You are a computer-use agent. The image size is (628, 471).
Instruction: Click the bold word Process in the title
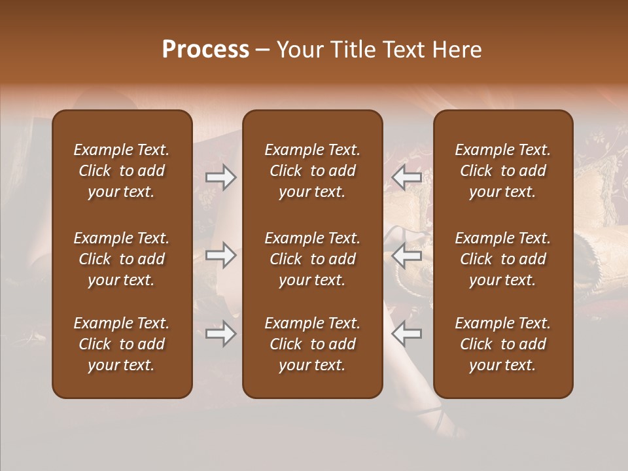coord(205,50)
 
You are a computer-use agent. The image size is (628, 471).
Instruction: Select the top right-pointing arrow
coord(221,177)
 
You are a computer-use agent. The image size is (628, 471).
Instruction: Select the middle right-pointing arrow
coord(221,255)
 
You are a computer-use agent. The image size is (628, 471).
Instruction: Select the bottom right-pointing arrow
coord(221,334)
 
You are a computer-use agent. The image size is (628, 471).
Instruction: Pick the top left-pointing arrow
coord(406,177)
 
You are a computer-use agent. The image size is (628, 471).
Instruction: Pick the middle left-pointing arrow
coord(406,255)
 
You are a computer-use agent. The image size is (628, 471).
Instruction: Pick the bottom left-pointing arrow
coord(406,334)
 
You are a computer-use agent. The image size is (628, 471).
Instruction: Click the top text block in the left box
coord(122,171)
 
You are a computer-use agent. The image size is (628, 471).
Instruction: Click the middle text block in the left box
coord(122,259)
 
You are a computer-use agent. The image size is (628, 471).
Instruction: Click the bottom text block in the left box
coord(122,344)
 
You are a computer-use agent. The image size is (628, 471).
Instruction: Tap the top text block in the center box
coord(312,171)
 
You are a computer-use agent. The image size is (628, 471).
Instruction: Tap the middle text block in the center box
coord(312,259)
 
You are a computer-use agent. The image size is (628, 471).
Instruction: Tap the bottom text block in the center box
coord(312,344)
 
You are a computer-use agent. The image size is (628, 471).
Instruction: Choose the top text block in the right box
coord(502,171)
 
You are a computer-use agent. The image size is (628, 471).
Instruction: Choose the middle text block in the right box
coord(502,259)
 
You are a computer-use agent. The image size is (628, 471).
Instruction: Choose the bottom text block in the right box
coord(502,344)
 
